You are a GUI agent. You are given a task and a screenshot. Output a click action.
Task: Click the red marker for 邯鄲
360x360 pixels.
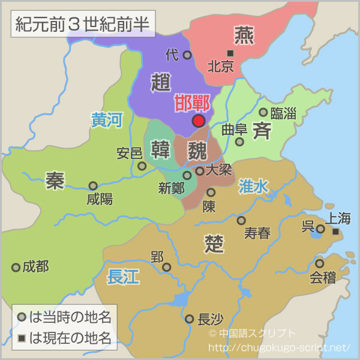199,121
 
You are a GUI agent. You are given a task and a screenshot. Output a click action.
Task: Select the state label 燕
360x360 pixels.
244,36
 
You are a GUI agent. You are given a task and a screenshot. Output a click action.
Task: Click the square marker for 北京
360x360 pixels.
230,53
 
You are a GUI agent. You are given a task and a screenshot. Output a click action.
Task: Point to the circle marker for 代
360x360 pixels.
187,55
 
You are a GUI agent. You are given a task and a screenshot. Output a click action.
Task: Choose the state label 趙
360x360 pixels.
161,82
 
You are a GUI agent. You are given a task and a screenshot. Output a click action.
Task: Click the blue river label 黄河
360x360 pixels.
106,120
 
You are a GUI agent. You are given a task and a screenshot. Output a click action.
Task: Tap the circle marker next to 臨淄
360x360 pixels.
263,112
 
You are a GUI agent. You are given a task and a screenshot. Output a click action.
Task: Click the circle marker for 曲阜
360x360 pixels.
239,142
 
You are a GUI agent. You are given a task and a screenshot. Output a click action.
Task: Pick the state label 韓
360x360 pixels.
161,149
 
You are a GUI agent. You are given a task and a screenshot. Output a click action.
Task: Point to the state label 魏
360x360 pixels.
196,149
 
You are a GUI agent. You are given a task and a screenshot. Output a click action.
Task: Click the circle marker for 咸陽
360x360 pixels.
93,186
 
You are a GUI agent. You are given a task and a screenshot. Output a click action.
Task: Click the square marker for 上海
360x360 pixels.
335,232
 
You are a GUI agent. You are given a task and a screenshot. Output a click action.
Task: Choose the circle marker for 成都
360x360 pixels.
16,267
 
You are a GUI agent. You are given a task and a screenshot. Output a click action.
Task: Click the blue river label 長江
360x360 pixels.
123,277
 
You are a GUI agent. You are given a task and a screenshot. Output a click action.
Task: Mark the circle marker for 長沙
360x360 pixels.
190,319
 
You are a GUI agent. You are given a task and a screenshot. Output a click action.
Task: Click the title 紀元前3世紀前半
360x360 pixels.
83,25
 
